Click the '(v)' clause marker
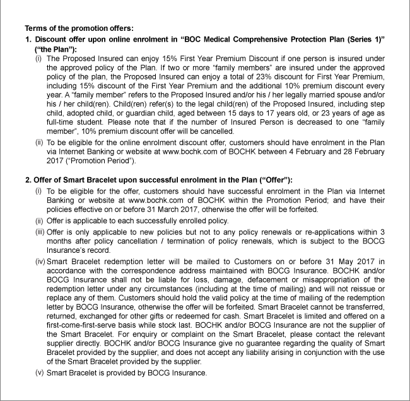coord(39,373)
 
